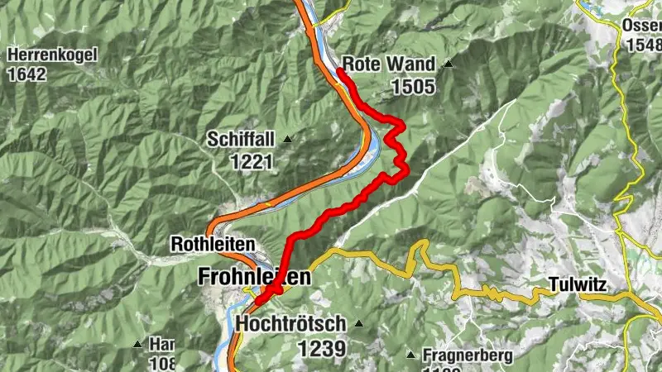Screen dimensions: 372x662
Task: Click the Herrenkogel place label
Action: [53, 55]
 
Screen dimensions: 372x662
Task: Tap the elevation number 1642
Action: [27, 74]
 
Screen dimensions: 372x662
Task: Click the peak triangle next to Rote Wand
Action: [448, 64]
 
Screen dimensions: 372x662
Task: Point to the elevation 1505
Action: [413, 84]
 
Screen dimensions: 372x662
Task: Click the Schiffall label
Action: [241, 139]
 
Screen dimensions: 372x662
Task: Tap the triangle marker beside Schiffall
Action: [287, 139]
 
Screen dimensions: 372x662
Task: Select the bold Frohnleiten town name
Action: [255, 278]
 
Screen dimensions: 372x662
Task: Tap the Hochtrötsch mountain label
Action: [289, 323]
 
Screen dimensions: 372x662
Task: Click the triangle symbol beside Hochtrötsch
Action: [358, 323]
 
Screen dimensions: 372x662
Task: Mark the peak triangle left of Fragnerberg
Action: [410, 355]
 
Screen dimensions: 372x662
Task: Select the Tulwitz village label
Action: [578, 286]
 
